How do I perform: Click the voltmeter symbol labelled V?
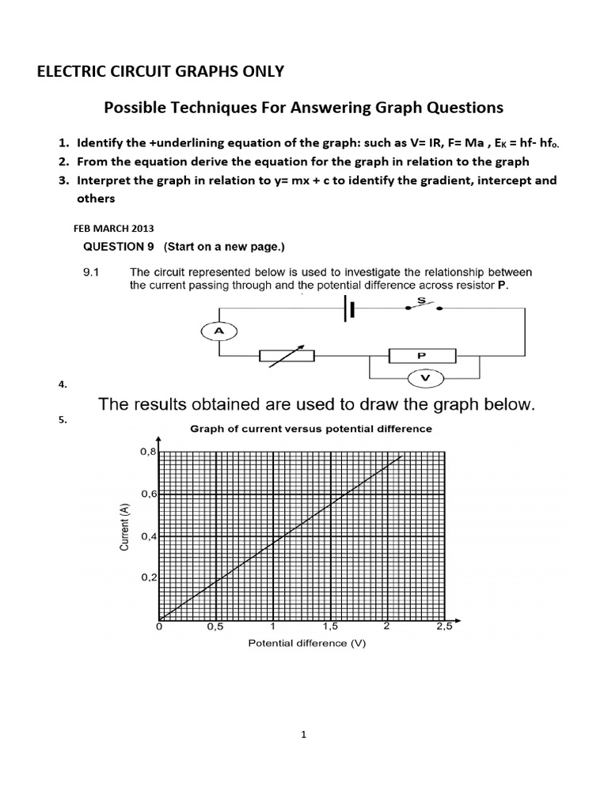426,379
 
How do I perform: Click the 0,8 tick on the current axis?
148,452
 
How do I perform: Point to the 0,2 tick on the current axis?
148,577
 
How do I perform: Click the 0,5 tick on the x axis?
215,627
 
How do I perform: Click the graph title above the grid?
310,429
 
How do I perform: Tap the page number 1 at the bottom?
303,734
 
